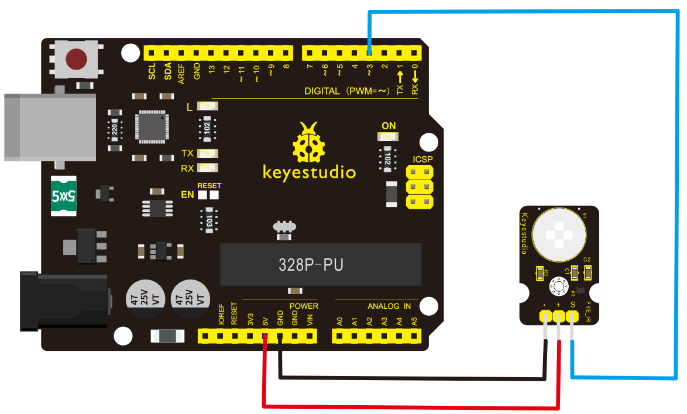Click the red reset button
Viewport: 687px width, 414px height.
[x=76, y=58]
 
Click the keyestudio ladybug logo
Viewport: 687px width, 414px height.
[x=308, y=143]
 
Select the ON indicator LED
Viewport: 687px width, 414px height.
[x=389, y=137]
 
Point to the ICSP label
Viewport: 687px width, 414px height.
[x=422, y=159]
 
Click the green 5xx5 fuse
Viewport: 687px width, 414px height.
[x=64, y=195]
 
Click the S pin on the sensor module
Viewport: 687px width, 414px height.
[x=572, y=316]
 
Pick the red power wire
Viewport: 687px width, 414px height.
[x=410, y=405]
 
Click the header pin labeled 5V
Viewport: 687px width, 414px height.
[x=265, y=336]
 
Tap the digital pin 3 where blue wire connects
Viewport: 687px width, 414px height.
[x=369, y=53]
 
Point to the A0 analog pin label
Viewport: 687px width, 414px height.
[x=339, y=321]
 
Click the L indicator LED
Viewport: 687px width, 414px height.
[x=208, y=106]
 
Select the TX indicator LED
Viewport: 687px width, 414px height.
[x=208, y=154]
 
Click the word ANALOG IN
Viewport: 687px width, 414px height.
[x=389, y=306]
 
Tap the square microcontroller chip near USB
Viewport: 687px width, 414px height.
[x=151, y=126]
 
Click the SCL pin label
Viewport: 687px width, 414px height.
[x=152, y=73]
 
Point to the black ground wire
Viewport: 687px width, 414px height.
[x=410, y=378]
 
